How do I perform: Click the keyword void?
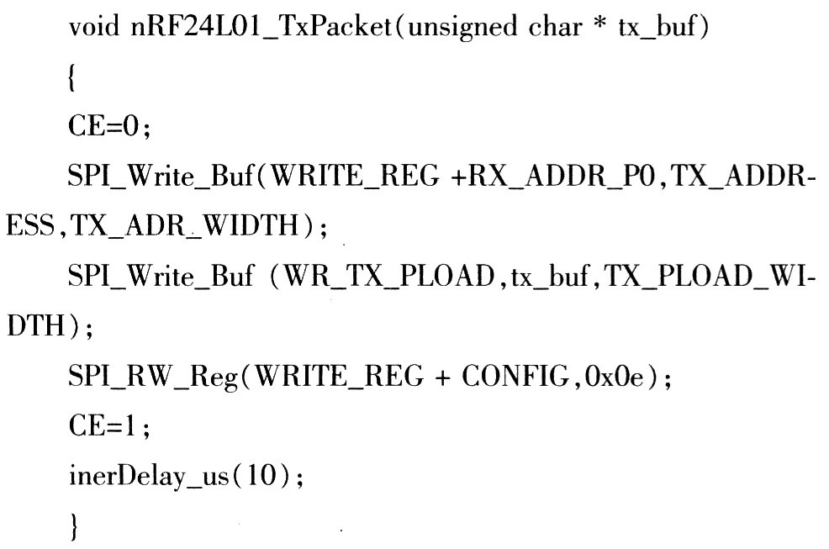point(94,26)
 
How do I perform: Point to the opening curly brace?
point(72,77)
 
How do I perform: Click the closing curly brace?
point(74,527)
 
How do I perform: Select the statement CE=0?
point(109,127)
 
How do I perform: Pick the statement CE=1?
point(109,426)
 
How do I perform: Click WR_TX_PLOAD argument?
point(389,277)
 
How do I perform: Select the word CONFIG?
point(516,376)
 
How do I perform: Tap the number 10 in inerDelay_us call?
point(261,476)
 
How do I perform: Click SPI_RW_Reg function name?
point(153,377)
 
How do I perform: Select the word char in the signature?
point(555,26)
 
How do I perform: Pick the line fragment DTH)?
point(50,326)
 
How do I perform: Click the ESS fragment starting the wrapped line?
point(30,226)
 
